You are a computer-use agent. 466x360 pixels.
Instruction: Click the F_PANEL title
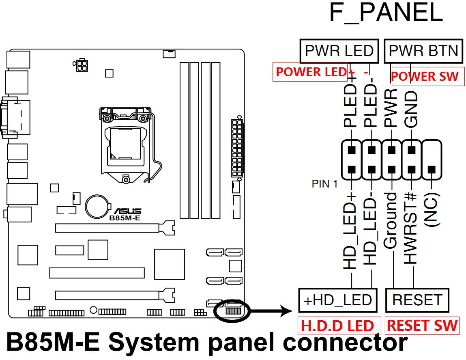[x=386, y=13]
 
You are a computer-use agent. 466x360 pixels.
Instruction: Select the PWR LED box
[x=339, y=51]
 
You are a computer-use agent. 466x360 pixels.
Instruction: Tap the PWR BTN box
[x=423, y=51]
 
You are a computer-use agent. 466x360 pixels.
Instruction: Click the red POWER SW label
[x=425, y=76]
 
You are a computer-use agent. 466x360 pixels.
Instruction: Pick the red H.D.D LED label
[x=337, y=326]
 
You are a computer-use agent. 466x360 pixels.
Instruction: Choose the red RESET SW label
[x=422, y=326]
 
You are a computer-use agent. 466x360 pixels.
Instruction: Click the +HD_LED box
[x=337, y=300]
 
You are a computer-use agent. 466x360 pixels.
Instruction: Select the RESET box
[x=417, y=300]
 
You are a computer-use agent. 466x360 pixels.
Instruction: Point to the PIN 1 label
[x=324, y=184]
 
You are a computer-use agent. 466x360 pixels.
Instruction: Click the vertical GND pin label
[x=411, y=109]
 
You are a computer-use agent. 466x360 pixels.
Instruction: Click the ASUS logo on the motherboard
[x=127, y=211]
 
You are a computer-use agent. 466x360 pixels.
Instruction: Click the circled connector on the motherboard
[x=233, y=311]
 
